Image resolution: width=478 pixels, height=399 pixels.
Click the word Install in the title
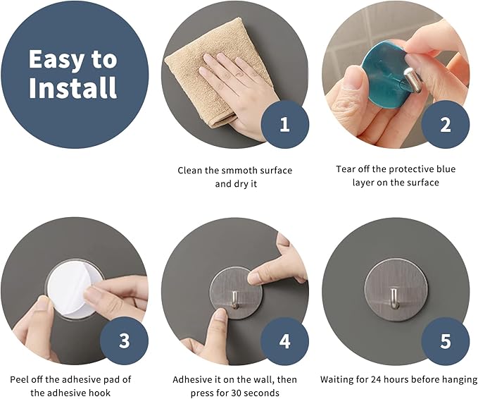pyautogui.click(x=73, y=87)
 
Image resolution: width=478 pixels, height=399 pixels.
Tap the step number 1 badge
pyautogui.click(x=284, y=125)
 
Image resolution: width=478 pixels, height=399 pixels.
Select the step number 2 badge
pyautogui.click(x=446, y=125)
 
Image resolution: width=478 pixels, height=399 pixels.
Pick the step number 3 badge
pyautogui.click(x=124, y=340)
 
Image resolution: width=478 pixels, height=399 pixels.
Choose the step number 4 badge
pyautogui.click(x=284, y=341)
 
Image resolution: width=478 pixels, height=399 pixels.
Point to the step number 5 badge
pyautogui.click(x=446, y=341)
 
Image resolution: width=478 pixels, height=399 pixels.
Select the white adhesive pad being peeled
pyautogui.click(x=71, y=289)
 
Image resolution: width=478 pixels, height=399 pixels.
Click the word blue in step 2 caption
pyautogui.click(x=446, y=168)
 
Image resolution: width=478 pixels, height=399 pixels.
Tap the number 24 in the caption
pyautogui.click(x=376, y=379)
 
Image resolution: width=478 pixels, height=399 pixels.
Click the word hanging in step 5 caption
pyautogui.click(x=460, y=380)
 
